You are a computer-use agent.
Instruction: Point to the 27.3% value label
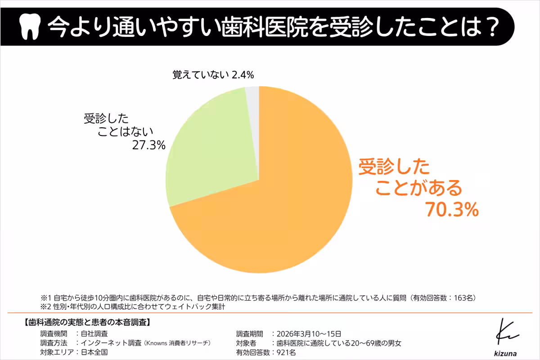point(148,145)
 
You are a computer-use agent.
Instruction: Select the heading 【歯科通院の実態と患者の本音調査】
point(85,323)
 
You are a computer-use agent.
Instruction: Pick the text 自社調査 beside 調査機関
point(94,334)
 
